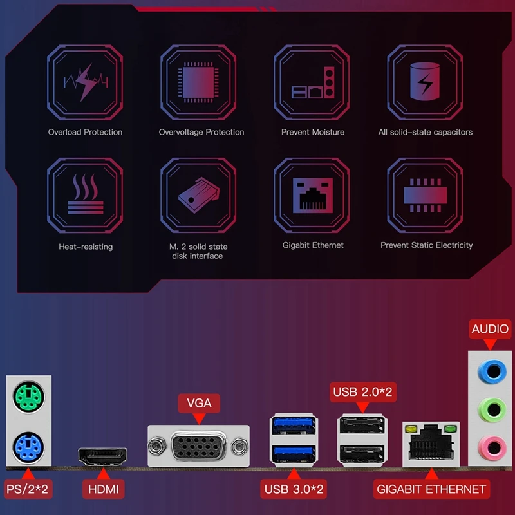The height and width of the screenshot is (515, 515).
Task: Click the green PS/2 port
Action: coord(28,394)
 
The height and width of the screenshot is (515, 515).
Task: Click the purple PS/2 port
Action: coord(28,445)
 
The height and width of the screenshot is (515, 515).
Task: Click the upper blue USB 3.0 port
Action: coord(294,426)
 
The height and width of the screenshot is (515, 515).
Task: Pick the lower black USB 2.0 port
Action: coord(361,453)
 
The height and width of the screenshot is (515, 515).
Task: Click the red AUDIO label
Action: coord(490,329)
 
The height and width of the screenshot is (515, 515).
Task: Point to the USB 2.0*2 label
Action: coord(362,391)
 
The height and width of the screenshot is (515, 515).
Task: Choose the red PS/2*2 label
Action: coord(26,489)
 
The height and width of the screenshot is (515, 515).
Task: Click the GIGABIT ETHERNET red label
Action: coord(431,489)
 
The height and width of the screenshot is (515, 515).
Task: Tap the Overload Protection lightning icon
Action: coord(85,82)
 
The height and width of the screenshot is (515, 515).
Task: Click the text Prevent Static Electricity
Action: coord(426,245)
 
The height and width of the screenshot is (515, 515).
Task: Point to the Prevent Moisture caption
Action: coord(312,132)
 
